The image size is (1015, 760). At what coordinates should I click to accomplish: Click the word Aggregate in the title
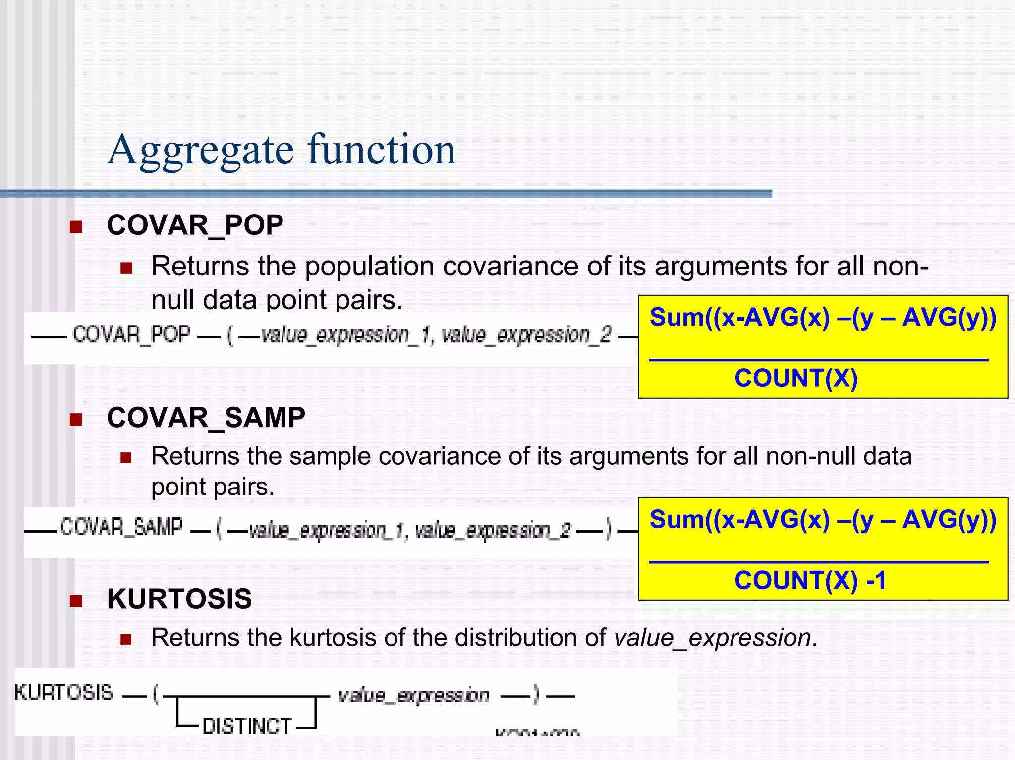(200, 150)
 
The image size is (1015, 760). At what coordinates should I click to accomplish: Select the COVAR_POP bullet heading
(195, 225)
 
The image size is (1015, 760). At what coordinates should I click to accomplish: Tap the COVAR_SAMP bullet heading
(206, 418)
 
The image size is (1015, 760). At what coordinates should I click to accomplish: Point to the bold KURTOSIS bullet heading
(179, 599)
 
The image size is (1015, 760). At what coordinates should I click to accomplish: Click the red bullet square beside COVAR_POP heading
(76, 227)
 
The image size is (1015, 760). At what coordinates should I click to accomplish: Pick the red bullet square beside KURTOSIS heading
(76, 601)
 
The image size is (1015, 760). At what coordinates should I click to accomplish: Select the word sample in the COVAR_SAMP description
(330, 456)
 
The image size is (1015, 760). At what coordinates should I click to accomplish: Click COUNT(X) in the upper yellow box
(796, 379)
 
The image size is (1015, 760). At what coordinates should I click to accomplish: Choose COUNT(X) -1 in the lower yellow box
(810, 581)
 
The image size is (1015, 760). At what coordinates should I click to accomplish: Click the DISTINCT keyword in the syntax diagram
(247, 726)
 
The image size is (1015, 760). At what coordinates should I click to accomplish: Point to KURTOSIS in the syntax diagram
(64, 693)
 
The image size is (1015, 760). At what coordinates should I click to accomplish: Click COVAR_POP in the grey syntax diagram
(131, 335)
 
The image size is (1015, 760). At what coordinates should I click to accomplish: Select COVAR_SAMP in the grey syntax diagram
(121, 527)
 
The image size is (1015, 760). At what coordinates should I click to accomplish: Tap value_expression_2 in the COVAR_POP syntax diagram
(526, 335)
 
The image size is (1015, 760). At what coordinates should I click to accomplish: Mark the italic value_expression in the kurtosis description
(712, 638)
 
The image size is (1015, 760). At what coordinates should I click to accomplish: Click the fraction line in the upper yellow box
(819, 360)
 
